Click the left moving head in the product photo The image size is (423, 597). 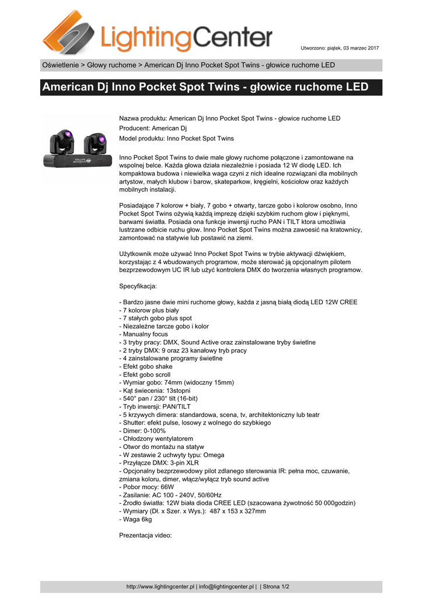62,142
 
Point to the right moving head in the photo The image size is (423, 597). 95,142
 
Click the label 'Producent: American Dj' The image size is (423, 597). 153,128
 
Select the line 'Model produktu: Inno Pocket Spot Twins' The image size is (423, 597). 176,139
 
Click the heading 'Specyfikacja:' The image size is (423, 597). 138,287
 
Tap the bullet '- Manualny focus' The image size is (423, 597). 143,335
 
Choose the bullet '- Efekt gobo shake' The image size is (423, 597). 146,367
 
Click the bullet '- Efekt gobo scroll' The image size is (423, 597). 146,375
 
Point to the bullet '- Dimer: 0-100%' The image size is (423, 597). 142,430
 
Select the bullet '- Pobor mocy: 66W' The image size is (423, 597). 146,487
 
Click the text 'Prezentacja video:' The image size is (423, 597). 145,535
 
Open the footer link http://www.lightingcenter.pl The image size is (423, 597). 160,587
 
